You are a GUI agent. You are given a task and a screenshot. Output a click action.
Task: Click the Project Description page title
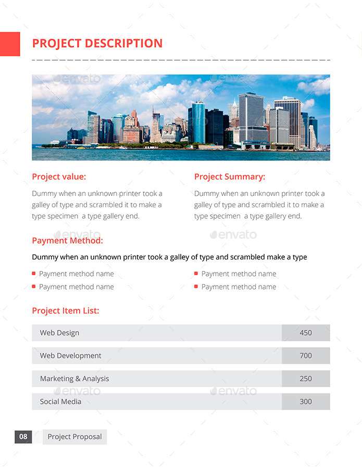(97, 44)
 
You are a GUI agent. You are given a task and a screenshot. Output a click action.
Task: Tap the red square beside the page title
(9, 44)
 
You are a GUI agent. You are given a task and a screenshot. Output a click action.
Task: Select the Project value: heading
(59, 177)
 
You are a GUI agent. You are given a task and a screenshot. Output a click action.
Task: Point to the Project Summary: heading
(230, 177)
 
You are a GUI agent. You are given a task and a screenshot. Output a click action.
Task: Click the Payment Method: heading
(67, 240)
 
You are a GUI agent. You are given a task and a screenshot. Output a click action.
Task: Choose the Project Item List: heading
(65, 311)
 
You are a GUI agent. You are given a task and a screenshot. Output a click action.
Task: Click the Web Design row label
(59, 333)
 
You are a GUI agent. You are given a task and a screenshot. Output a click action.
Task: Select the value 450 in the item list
(306, 333)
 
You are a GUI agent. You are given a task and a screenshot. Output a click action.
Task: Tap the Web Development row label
(70, 356)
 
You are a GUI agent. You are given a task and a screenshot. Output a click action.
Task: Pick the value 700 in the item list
(306, 356)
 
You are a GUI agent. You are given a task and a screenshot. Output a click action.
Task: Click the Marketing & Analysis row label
(74, 379)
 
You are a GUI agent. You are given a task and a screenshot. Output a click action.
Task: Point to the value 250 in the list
(306, 379)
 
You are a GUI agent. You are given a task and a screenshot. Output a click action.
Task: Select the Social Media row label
(60, 402)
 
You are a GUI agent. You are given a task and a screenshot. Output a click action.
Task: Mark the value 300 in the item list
(306, 402)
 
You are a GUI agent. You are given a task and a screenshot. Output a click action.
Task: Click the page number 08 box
(23, 437)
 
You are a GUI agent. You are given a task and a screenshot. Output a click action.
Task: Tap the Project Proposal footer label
(75, 437)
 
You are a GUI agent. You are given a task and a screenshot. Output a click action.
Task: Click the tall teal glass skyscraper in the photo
(198, 122)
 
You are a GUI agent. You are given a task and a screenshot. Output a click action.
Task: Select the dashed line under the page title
(181, 60)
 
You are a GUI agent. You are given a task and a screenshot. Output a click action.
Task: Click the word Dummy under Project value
(44, 193)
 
